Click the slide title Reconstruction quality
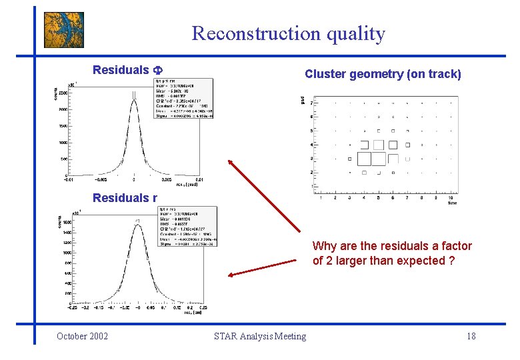point(288,33)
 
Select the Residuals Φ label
point(128,70)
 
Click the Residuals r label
point(125,197)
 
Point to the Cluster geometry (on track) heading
point(383,74)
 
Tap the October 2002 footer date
point(82,336)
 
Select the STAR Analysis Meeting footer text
point(260,336)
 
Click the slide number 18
point(471,336)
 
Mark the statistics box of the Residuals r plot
point(187,227)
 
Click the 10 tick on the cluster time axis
point(451,198)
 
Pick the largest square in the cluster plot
point(364,159)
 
